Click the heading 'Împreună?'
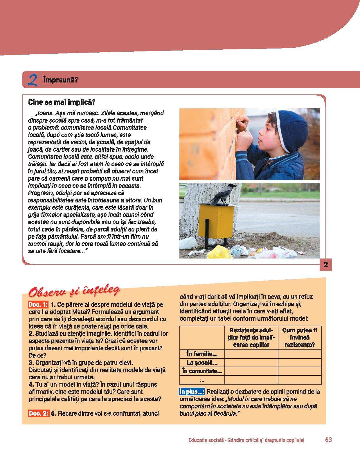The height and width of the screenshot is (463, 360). pos(60,80)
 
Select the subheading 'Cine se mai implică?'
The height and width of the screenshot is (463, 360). pos(62,102)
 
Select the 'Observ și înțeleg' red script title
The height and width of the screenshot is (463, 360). pos(74,291)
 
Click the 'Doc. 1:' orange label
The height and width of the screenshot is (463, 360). pos(38,305)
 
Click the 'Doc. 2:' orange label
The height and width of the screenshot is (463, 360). pos(38,414)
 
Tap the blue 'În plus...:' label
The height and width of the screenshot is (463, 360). pos(192,392)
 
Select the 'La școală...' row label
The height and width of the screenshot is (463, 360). pos(202,362)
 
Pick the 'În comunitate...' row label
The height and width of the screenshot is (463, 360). pos(202,371)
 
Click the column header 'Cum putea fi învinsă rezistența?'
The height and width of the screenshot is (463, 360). pos(300,338)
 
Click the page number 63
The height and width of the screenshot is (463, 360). pos(328,440)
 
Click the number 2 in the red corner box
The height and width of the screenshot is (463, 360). pos(325,265)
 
